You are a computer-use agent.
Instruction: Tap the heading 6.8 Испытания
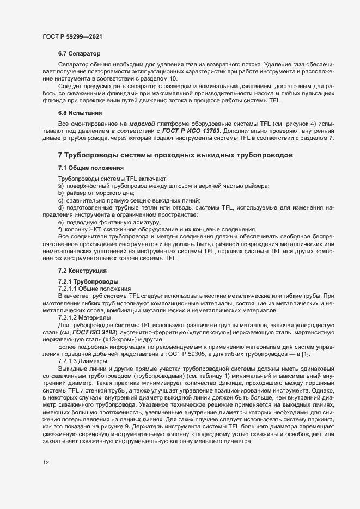click(80, 113)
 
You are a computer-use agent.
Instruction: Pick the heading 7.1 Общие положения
click(90, 168)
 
